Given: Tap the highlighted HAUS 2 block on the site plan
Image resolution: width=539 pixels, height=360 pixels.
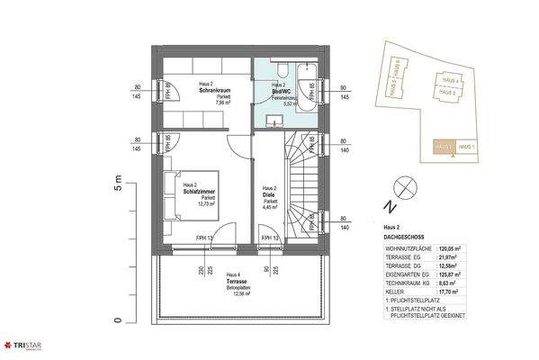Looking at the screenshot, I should [443, 147].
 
